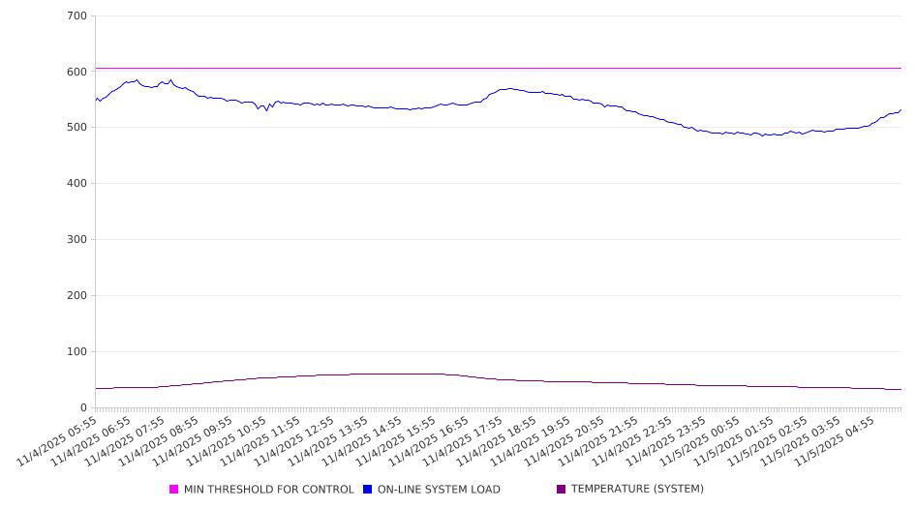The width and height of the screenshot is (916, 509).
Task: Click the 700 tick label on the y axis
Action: (x=76, y=16)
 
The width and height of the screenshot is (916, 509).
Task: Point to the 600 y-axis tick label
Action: (x=76, y=72)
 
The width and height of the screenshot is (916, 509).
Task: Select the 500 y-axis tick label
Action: (x=76, y=128)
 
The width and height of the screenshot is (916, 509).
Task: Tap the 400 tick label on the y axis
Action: (x=76, y=184)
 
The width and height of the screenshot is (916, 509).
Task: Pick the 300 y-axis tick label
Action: (x=76, y=240)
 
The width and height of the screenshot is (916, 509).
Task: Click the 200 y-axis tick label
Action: (x=76, y=296)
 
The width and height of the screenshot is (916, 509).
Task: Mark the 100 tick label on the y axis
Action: (x=76, y=352)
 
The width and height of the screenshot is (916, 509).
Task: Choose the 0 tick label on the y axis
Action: (x=83, y=408)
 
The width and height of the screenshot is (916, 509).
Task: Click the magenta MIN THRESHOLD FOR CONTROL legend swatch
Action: (x=174, y=490)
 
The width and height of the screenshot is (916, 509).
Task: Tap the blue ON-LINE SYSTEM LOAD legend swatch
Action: (x=368, y=490)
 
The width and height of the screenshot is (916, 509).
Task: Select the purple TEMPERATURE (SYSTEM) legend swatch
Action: (x=562, y=490)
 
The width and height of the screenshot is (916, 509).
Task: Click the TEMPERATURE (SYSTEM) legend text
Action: (x=637, y=490)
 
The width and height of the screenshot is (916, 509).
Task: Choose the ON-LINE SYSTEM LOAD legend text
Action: (x=439, y=490)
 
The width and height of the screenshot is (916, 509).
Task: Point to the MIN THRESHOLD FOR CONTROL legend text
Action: (x=269, y=490)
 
